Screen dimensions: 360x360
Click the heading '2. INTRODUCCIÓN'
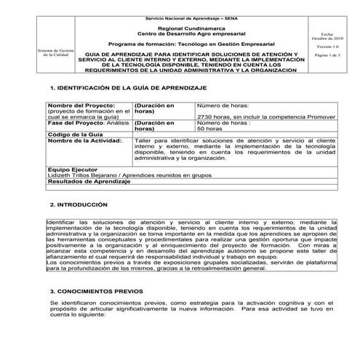pyautogui.click(x=79, y=205)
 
